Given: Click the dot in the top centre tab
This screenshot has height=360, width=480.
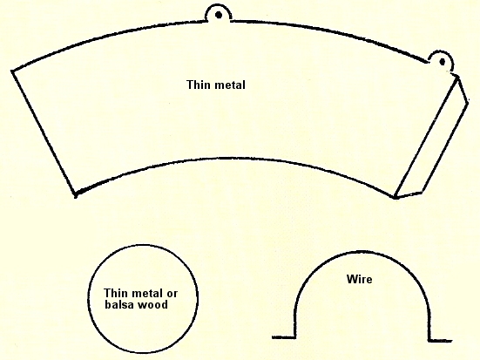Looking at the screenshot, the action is click(219, 15).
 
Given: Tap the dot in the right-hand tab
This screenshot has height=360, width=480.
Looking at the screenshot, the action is click(442, 62).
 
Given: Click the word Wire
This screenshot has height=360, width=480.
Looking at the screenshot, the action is click(360, 279).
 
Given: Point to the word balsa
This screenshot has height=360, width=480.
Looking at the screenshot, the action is click(120, 304).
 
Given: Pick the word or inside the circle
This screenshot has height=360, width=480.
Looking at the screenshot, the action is click(172, 294).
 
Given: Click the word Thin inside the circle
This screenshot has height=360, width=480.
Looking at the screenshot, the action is click(115, 293).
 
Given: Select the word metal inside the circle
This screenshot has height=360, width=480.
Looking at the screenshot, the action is click(146, 293).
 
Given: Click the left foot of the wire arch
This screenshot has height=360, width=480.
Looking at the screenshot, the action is click(283, 337).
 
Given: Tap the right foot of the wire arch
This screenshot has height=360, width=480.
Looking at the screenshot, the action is click(440, 340).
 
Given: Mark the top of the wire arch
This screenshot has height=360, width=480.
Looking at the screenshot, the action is click(362, 252).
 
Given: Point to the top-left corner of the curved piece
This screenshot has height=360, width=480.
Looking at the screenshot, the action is click(12, 71).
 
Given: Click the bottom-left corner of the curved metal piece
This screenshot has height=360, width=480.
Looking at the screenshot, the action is click(75, 195).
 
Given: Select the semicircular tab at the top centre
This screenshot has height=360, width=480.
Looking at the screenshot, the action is click(219, 11).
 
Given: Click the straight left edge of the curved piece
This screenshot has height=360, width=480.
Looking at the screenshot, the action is click(44, 133).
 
